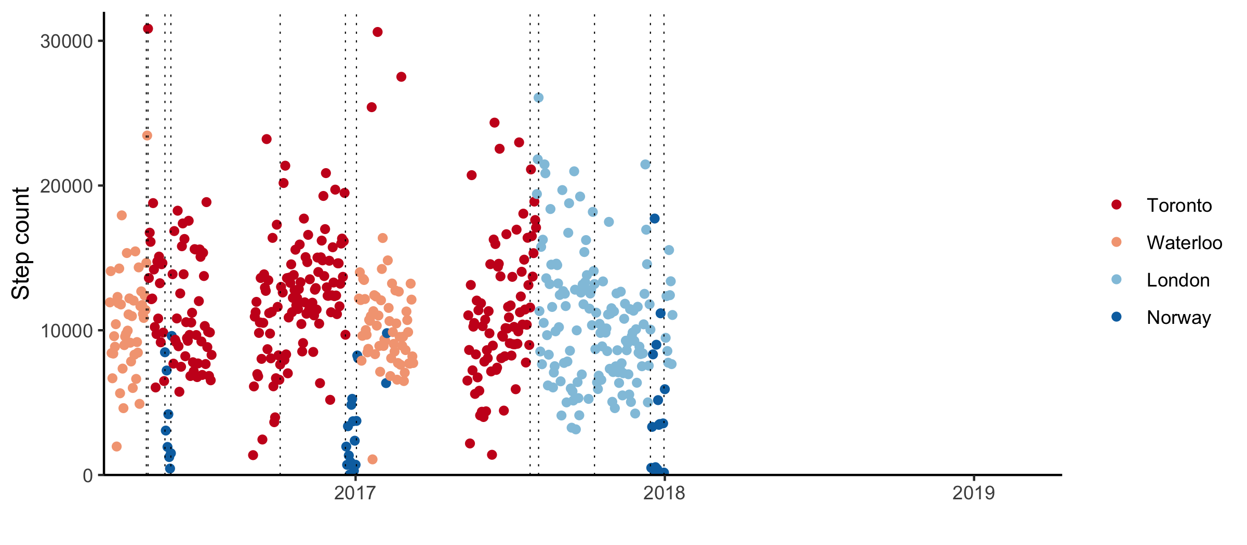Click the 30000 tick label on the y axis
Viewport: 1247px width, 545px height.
pyautogui.click(x=66, y=42)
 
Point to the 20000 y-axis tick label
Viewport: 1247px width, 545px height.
pyautogui.click(x=66, y=186)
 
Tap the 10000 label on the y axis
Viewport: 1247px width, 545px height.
pyautogui.click(x=66, y=331)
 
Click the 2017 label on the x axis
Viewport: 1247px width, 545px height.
pyautogui.click(x=355, y=493)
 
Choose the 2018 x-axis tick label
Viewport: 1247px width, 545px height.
pyautogui.click(x=664, y=493)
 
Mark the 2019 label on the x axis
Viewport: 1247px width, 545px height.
pyautogui.click(x=973, y=493)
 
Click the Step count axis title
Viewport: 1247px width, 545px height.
pyautogui.click(x=21, y=243)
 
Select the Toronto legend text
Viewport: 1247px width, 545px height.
pyautogui.click(x=1179, y=206)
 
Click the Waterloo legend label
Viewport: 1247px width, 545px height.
pyautogui.click(x=1184, y=243)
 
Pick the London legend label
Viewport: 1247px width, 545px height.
pyautogui.click(x=1178, y=280)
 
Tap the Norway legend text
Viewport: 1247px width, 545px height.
pyautogui.click(x=1178, y=317)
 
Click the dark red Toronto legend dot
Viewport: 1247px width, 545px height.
pyautogui.click(x=1116, y=205)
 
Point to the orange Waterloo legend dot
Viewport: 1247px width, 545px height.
pyautogui.click(x=1116, y=242)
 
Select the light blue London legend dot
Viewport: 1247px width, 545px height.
pyautogui.click(x=1116, y=280)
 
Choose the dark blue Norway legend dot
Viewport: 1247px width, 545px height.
pyautogui.click(x=1116, y=317)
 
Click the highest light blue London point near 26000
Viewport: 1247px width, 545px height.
pyautogui.click(x=538, y=98)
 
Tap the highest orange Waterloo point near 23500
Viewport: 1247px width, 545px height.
pyautogui.click(x=147, y=135)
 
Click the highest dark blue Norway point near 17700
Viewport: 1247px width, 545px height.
pyautogui.click(x=655, y=219)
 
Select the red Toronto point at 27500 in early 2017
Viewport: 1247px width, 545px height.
pyautogui.click(x=401, y=77)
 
